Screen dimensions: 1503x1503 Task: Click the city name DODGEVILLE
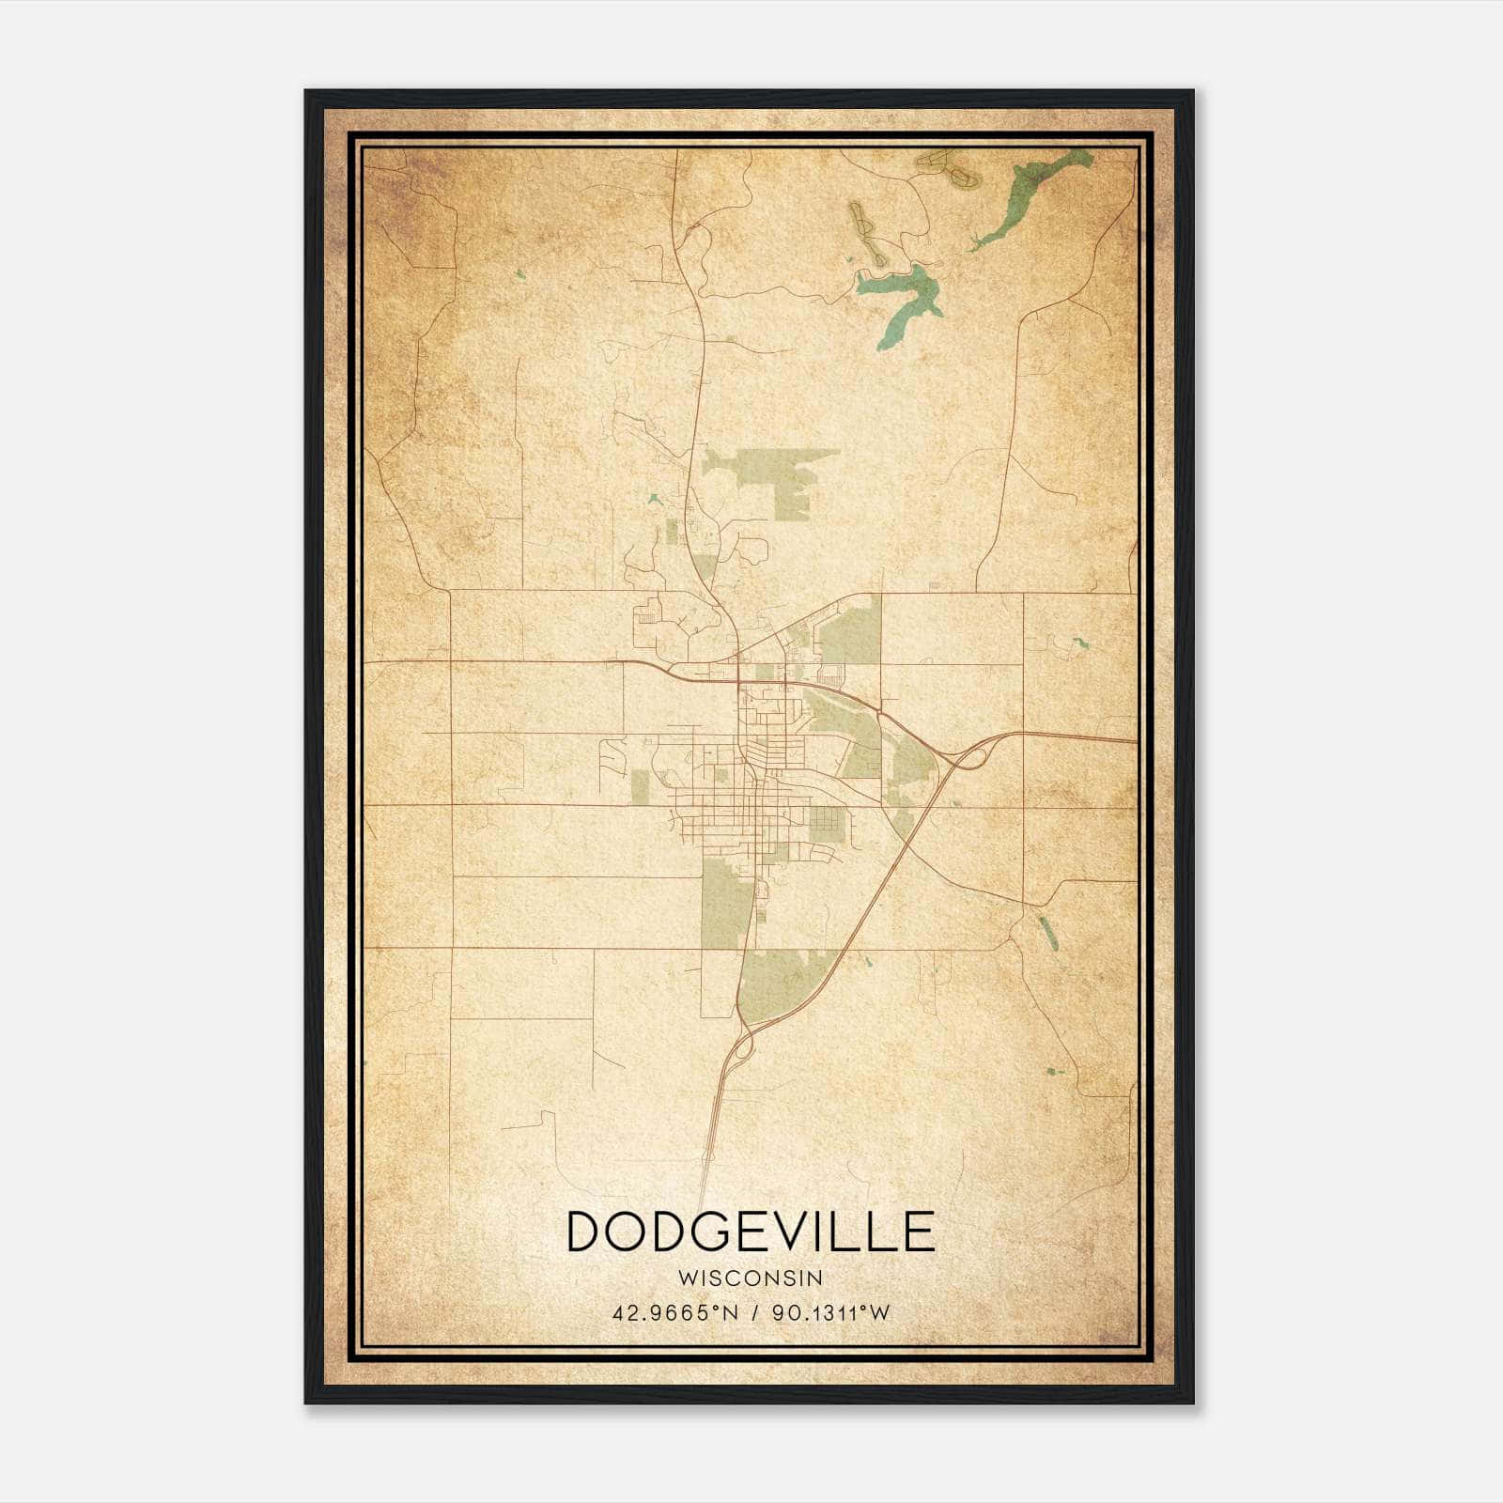point(751,1232)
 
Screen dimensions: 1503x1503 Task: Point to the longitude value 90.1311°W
point(830,1312)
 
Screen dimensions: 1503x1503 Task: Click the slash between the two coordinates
point(752,1312)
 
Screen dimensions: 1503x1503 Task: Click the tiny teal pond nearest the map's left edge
point(519,274)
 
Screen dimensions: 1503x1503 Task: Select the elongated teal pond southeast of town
point(1046,931)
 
